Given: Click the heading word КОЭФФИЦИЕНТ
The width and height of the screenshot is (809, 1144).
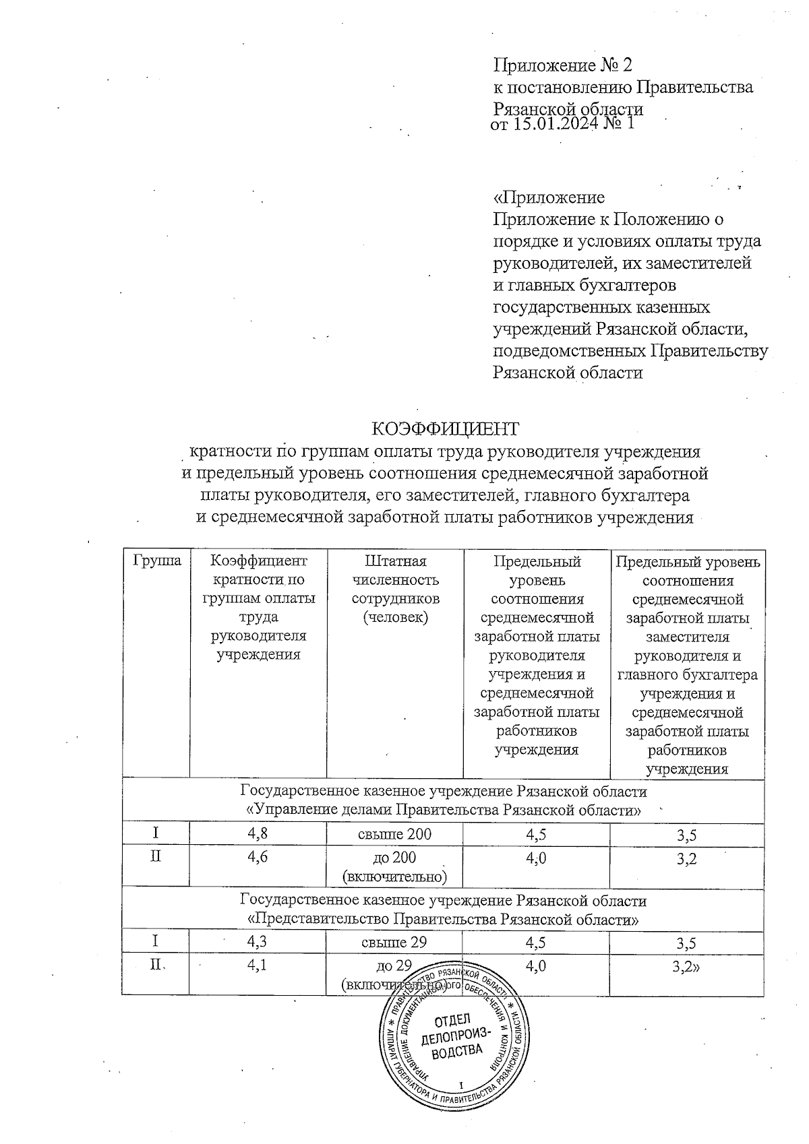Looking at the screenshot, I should pos(446,429).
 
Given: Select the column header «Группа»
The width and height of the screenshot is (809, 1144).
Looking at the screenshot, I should pos(156,561).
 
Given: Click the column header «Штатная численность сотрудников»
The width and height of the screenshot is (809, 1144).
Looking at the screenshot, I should pos(395,589).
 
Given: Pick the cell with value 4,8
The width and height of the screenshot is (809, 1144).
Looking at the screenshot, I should pos(258,834).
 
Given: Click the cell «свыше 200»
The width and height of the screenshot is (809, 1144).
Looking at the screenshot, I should pos(395,834).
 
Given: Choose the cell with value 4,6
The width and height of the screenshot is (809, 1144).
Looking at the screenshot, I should pos(258,858).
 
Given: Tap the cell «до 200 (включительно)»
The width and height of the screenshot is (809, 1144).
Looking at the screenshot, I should pos(395,866).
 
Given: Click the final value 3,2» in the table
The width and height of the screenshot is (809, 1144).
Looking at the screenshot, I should pos(687,967).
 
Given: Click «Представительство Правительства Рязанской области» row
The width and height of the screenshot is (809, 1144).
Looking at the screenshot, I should pos(443,919).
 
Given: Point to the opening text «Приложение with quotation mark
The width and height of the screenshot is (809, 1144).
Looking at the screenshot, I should pos(549,198).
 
